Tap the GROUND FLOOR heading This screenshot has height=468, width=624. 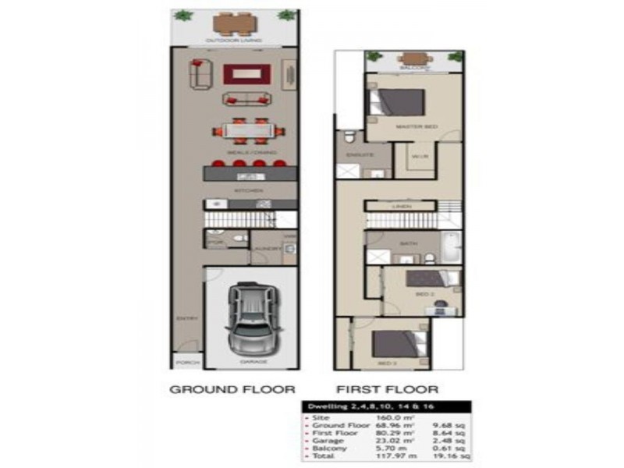(x=232, y=388)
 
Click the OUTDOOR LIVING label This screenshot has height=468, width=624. (x=233, y=41)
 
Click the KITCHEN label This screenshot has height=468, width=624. (x=250, y=190)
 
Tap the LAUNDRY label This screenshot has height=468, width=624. (x=263, y=250)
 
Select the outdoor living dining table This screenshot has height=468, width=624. (x=233, y=23)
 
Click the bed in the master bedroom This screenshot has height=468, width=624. (x=399, y=104)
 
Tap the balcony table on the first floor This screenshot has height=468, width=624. (x=414, y=58)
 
